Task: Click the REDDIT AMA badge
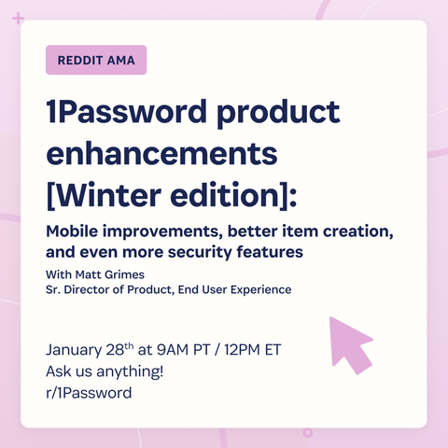[x=96, y=60]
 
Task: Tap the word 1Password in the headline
[x=127, y=111]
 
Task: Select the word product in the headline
[x=278, y=114]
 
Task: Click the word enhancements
[x=161, y=153]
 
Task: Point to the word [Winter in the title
[x=104, y=195]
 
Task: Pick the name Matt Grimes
[x=110, y=274]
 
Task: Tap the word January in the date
[x=74, y=350]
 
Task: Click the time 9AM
[x=173, y=350]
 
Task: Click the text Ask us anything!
[x=105, y=371]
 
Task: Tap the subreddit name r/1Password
[x=89, y=393]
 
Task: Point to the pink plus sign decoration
[x=18, y=19]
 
